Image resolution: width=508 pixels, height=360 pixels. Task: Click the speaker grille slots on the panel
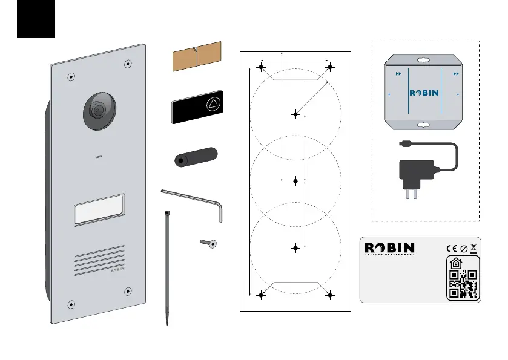[x=100, y=261]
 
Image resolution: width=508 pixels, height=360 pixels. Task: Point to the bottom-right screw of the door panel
[x=128, y=292]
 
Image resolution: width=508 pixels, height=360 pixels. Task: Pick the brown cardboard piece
[x=197, y=56]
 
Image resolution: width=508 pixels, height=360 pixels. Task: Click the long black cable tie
[x=167, y=266]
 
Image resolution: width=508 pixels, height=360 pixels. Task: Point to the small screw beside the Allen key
[x=209, y=243]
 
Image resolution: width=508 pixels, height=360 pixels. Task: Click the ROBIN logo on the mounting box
[x=424, y=93]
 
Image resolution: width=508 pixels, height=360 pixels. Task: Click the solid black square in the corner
[x=36, y=19]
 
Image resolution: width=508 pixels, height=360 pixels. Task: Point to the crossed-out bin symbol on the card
[x=473, y=247]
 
